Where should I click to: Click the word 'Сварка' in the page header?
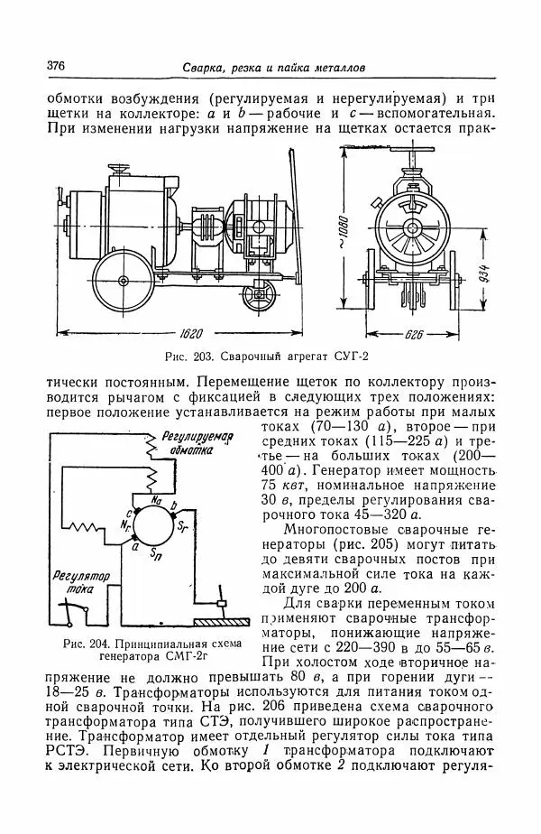tap(201, 67)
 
